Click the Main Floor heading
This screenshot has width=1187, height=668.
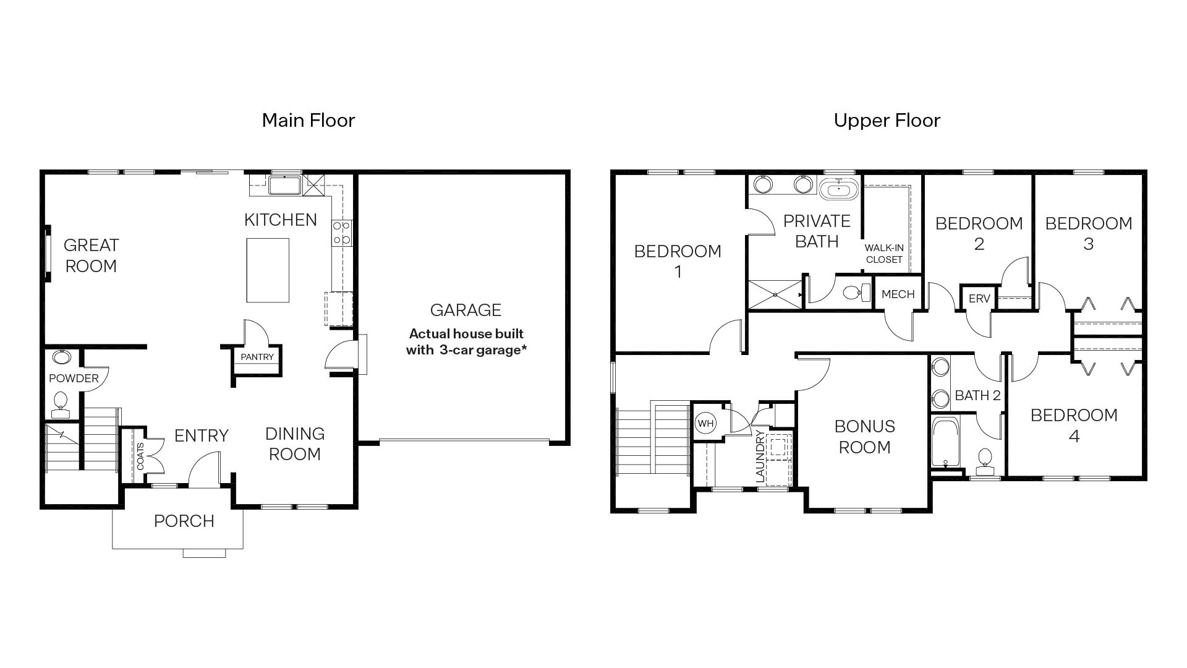click(x=308, y=120)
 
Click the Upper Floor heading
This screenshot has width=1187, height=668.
click(x=887, y=120)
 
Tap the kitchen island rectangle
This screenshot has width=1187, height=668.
click(x=268, y=270)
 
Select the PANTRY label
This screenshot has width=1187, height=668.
click(x=257, y=357)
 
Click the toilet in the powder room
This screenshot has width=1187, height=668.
click(x=61, y=401)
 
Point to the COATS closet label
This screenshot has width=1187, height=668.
click(x=140, y=456)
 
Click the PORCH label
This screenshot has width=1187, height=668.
click(x=184, y=521)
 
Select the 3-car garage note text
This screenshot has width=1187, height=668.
click(x=466, y=342)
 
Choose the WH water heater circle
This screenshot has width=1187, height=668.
click(x=705, y=424)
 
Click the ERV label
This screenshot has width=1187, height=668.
click(x=979, y=299)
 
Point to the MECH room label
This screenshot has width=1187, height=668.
click(x=898, y=294)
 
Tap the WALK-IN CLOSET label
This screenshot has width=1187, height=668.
click(x=884, y=254)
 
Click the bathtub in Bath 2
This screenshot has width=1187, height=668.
click(x=945, y=442)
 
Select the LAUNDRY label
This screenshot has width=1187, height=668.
click(x=760, y=457)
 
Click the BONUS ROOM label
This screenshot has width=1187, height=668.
click(x=864, y=437)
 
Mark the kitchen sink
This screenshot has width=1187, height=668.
click(x=284, y=185)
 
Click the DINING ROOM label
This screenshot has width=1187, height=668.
click(x=294, y=443)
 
